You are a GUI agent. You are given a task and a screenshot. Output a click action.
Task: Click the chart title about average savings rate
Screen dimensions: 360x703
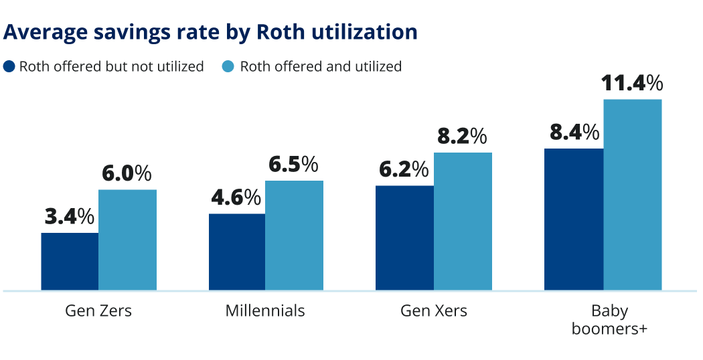coord(210,32)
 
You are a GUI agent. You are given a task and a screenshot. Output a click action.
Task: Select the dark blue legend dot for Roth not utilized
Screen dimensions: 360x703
coord(9,66)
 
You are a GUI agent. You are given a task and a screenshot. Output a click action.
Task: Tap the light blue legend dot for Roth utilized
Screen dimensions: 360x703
coord(228,66)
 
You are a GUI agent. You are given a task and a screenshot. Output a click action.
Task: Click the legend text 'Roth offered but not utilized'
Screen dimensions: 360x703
coord(111,66)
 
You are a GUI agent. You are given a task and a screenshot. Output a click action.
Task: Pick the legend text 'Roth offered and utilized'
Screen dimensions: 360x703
coord(321,66)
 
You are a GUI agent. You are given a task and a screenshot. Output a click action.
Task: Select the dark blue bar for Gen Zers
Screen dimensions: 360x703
coord(70,262)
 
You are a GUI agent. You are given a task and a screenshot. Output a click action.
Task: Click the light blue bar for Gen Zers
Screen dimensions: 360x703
coord(127,240)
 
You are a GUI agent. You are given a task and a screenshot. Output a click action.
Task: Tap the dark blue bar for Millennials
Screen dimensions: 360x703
coord(237,252)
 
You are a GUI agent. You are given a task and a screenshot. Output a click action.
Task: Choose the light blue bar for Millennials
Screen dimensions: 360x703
coord(294,236)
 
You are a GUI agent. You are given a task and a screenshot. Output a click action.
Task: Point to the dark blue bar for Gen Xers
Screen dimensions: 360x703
coord(404,238)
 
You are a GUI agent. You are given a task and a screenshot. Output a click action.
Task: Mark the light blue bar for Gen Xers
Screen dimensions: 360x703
coord(463,221)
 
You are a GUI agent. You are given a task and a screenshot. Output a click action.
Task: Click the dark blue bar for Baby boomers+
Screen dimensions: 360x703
coord(574,219)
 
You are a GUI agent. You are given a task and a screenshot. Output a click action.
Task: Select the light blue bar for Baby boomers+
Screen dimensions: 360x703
coord(632,195)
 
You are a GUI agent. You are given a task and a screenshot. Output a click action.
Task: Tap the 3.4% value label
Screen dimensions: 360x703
coord(70,217)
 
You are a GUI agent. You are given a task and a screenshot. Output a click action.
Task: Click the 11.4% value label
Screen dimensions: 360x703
coord(632,83)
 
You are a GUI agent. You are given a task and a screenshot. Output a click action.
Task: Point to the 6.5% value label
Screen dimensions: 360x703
coord(293,165)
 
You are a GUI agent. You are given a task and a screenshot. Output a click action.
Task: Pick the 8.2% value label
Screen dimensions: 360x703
coord(462,137)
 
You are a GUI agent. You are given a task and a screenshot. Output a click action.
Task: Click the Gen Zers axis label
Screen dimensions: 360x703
coord(98,311)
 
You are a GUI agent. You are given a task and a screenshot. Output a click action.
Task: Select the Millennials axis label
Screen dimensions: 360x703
coord(265,311)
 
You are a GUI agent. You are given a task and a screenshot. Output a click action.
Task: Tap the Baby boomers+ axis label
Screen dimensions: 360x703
coord(609,320)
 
